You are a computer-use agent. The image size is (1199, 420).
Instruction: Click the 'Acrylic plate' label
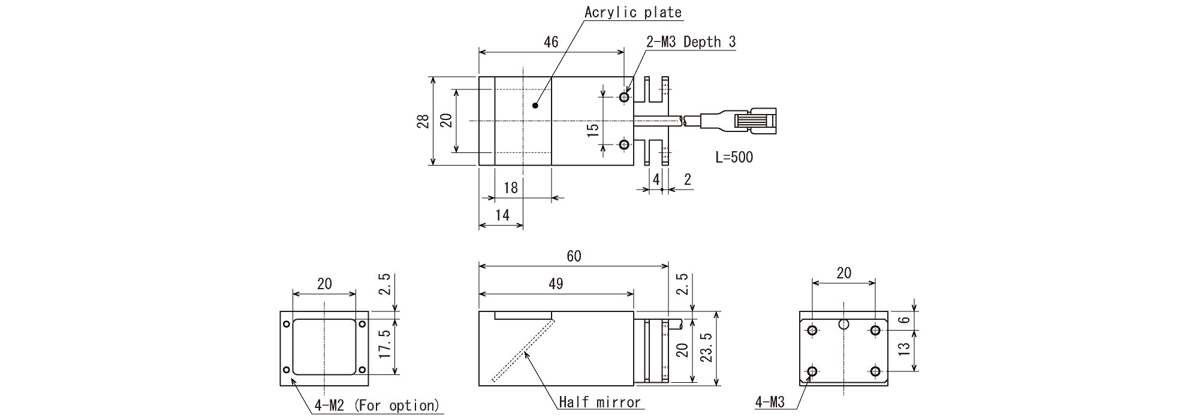pyautogui.click(x=633, y=12)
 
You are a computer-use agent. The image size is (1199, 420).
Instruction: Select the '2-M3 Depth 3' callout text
pyautogui.click(x=691, y=42)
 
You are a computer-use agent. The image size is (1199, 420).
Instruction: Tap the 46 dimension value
pyautogui.click(x=551, y=41)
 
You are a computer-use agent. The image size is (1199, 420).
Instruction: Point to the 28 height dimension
pyautogui.click(x=424, y=121)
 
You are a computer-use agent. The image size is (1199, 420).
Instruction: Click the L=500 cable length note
pyautogui.click(x=734, y=157)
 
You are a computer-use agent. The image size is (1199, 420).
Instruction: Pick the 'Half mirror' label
pyautogui.click(x=599, y=402)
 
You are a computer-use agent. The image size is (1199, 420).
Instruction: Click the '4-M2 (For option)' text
pyautogui.click(x=376, y=406)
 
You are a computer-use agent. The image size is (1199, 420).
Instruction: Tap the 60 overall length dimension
pyautogui.click(x=574, y=256)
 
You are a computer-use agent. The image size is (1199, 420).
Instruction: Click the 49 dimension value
pyautogui.click(x=556, y=284)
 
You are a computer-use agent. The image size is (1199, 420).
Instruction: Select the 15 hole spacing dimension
pyautogui.click(x=593, y=130)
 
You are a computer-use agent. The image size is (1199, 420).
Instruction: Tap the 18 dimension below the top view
pyautogui.click(x=510, y=188)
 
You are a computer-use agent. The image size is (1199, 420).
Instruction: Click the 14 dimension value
pyautogui.click(x=502, y=215)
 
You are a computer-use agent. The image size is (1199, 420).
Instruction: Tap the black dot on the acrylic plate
pyautogui.click(x=535, y=106)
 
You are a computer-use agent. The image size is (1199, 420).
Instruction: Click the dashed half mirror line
pyautogui.click(x=523, y=350)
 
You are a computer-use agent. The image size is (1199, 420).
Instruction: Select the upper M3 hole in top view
pyautogui.click(x=624, y=97)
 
